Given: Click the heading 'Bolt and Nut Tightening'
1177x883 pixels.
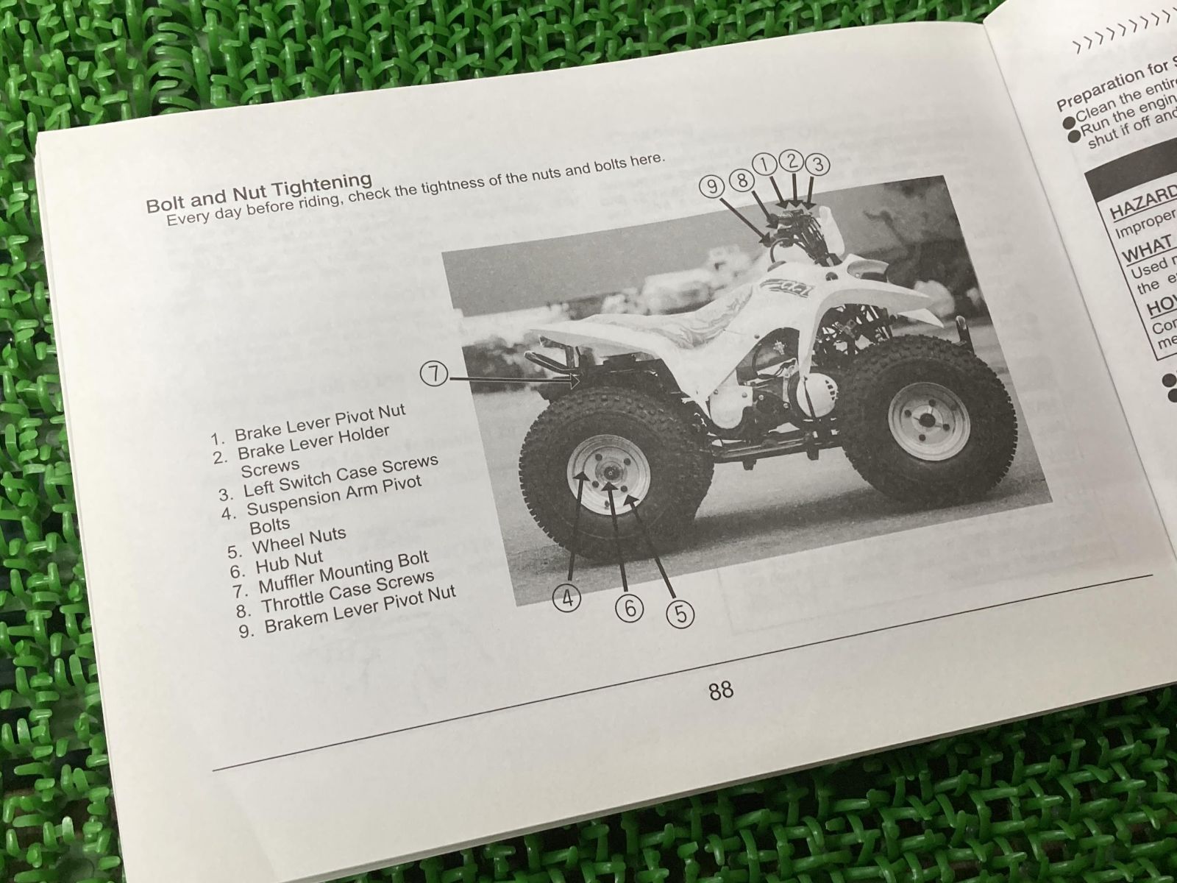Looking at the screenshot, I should pyautogui.click(x=259, y=191).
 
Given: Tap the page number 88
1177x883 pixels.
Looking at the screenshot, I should pyautogui.click(x=720, y=690).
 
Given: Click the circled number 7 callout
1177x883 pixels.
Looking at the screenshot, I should pyautogui.click(x=435, y=374).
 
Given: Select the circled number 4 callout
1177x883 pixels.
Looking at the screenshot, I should pyautogui.click(x=567, y=597).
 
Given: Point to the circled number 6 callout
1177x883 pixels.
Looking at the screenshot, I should pyautogui.click(x=630, y=607).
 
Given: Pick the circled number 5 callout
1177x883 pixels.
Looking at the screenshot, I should pyautogui.click(x=680, y=613).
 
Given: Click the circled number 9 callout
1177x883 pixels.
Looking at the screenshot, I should pyautogui.click(x=712, y=186).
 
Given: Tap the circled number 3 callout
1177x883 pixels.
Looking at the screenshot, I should pyautogui.click(x=816, y=163).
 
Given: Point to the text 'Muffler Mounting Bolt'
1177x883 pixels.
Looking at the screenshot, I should pyautogui.click(x=343, y=575).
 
